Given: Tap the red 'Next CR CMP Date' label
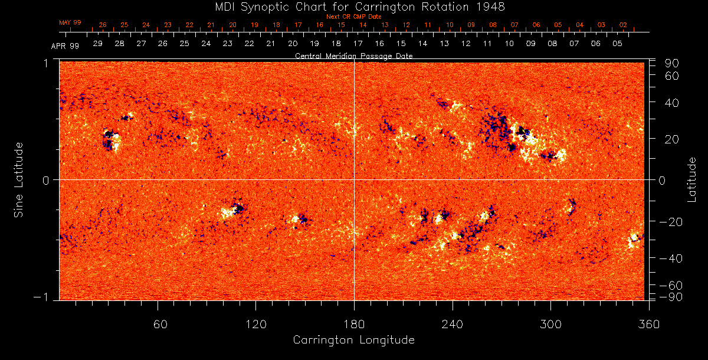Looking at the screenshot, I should point(353,17).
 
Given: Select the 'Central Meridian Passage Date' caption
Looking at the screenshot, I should point(353,56).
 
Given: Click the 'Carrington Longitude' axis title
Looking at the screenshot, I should point(353,340).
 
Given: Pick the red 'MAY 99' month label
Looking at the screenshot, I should point(70,22).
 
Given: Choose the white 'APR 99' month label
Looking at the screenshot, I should point(65,45).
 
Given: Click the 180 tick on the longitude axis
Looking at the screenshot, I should point(354,323).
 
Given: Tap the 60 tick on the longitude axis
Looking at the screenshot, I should point(158,323).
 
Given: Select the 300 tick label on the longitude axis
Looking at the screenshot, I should point(550,323).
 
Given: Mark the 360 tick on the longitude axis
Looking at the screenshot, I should point(648,323).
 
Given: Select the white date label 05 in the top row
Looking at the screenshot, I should point(617,44).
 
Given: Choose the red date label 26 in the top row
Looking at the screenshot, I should point(103,25).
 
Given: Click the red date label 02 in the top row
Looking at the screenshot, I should point(623,25).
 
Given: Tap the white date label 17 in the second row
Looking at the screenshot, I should point(358,44).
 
